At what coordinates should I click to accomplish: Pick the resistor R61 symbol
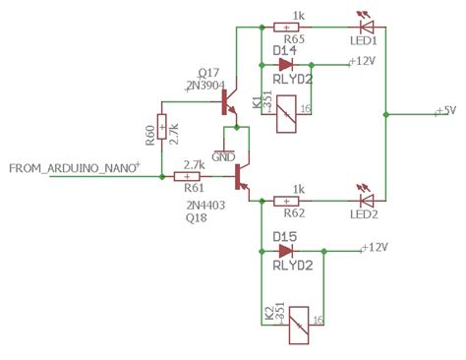tap(187, 177)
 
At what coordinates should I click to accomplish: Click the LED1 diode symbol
tap(361, 27)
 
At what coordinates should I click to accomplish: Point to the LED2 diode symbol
tap(361, 201)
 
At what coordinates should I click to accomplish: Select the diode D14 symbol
tap(286, 63)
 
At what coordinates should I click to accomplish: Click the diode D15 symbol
tap(287, 251)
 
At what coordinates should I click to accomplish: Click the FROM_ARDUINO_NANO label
tap(74, 169)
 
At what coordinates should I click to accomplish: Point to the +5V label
tap(445, 111)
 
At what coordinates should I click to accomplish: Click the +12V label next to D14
tap(366, 61)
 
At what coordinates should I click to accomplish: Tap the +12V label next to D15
tap(379, 248)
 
